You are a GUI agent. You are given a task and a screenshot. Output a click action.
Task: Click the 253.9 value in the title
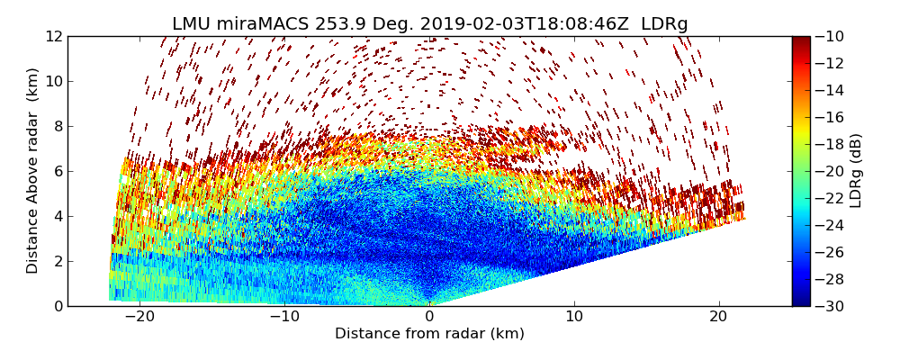tap(328, 24)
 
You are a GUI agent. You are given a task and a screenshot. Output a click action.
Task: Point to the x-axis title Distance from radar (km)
tap(429, 334)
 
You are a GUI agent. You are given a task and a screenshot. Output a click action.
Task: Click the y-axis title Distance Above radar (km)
tap(33, 171)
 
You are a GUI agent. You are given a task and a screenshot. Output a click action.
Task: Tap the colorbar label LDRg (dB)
tap(856, 171)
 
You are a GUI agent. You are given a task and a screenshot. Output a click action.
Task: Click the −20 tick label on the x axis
tap(139, 317)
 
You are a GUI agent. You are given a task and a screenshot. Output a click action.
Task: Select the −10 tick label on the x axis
tap(284, 317)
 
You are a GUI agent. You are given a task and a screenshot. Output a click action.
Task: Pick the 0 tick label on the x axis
tap(429, 317)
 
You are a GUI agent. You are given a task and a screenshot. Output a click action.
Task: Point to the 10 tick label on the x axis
tap(574, 317)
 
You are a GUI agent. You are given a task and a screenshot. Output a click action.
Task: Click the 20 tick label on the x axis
tap(718, 317)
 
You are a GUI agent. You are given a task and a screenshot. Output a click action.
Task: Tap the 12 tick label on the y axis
tap(54, 36)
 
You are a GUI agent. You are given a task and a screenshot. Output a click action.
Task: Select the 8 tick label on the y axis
tap(58, 126)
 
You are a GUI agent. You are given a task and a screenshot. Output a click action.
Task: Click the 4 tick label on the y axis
tap(58, 216)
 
